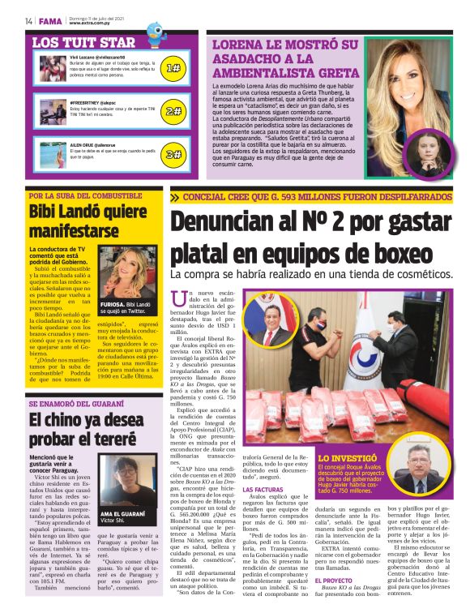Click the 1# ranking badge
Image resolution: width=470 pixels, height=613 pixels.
click(x=173, y=68)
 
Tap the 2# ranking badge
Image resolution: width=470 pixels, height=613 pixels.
click(x=173, y=111)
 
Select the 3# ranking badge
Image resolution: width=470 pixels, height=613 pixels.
click(x=173, y=153)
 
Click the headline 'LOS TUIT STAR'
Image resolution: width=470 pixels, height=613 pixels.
click(x=84, y=41)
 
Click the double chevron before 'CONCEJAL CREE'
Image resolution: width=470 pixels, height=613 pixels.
click(x=175, y=197)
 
